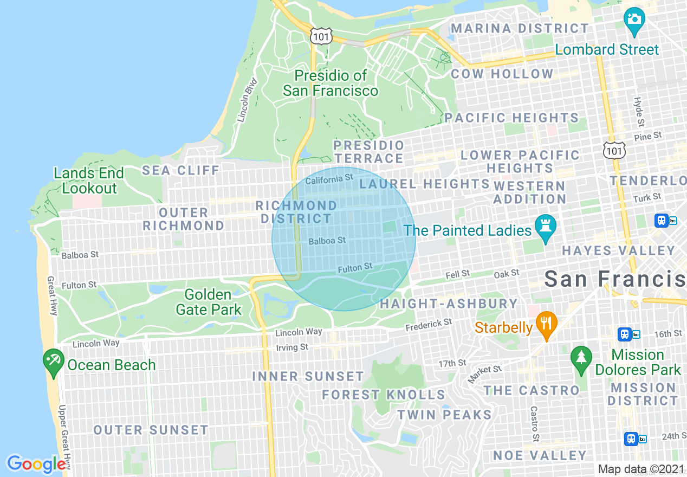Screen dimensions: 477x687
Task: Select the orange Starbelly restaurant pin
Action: [x=547, y=324]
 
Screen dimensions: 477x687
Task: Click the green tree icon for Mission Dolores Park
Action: [x=581, y=359]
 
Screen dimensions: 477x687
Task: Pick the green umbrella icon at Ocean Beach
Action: [x=53, y=362]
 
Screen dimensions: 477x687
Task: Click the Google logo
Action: [x=36, y=464]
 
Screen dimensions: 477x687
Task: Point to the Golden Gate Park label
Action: [x=208, y=302]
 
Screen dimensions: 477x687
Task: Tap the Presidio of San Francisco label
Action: [x=330, y=83]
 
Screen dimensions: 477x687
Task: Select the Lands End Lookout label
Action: [x=89, y=181]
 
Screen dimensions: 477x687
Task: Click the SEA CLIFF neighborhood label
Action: [x=181, y=171]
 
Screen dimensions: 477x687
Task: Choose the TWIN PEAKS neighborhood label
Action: [x=444, y=415]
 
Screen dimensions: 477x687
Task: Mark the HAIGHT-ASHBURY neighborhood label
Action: [x=449, y=304]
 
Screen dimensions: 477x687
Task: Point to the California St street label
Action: [x=329, y=179]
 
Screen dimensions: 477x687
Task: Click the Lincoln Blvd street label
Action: [x=246, y=101]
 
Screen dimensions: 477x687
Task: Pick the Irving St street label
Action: [x=292, y=347]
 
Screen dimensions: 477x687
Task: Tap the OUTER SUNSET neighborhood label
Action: [x=151, y=430]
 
